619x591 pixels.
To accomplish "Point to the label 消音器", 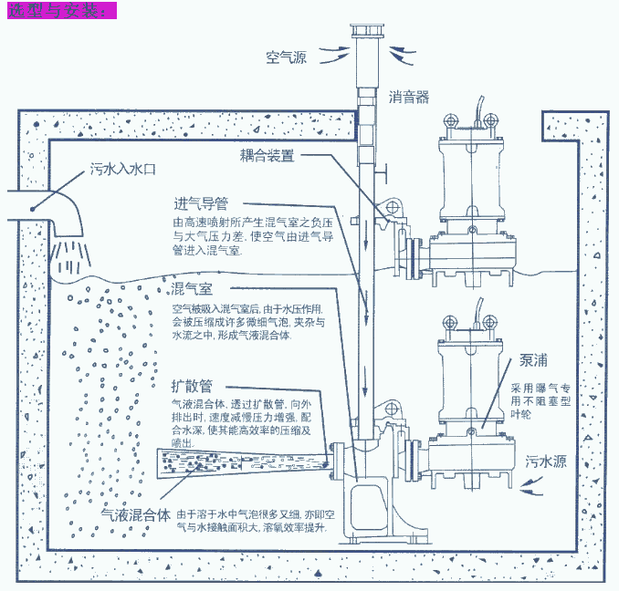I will pyautogui.click(x=408, y=96).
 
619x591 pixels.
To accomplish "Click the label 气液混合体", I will pyautogui.click(x=136, y=514).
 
